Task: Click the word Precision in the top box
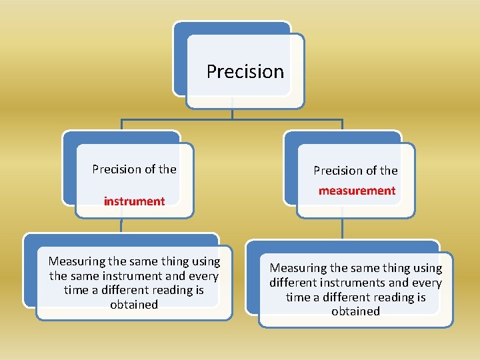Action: (x=245, y=71)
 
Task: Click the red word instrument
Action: (x=134, y=201)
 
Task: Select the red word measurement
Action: (x=357, y=191)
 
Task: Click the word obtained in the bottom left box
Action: (x=134, y=305)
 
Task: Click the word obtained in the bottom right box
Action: (x=355, y=311)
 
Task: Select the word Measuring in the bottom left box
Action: (x=75, y=261)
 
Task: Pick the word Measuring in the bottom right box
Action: (x=296, y=268)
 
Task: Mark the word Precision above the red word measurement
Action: (x=337, y=171)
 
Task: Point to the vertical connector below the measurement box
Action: (x=342, y=229)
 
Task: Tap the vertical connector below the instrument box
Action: (x=121, y=225)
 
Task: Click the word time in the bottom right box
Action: (x=299, y=297)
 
